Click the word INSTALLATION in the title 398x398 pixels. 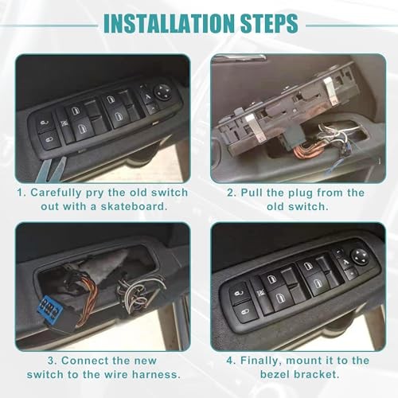click(170, 23)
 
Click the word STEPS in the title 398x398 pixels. click(269, 23)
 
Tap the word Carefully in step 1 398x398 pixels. click(56, 193)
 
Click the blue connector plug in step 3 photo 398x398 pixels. click(47, 308)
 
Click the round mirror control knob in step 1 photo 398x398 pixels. click(162, 92)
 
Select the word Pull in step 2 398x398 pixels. click(252, 193)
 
